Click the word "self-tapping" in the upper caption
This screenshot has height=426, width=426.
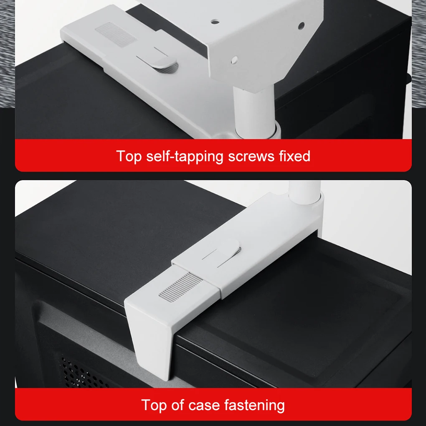coord(185,157)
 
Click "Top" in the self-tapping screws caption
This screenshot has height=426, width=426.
coord(129,156)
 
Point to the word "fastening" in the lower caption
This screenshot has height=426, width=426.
coord(254,406)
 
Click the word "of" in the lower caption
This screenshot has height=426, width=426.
coord(177,405)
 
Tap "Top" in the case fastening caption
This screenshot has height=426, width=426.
coord(154,406)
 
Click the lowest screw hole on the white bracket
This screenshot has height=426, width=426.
coord(234,60)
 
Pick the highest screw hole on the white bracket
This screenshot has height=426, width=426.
coord(215,21)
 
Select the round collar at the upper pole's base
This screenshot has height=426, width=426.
coord(257,130)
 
